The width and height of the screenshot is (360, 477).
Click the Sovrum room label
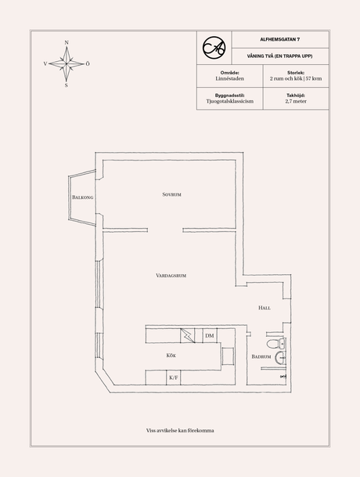(x=172, y=194)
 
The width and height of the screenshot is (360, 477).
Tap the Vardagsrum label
(x=171, y=276)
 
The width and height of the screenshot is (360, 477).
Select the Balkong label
(x=83, y=197)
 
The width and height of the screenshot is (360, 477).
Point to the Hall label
(x=265, y=308)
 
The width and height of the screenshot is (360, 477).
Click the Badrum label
(x=261, y=356)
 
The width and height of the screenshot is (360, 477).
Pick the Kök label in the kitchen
(x=171, y=356)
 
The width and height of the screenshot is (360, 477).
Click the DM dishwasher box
(x=210, y=336)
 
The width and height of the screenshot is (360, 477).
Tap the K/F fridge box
(x=174, y=378)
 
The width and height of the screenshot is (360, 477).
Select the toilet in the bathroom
(x=276, y=343)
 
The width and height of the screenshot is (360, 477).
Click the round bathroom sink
(x=280, y=357)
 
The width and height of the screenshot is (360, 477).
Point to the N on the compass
(x=67, y=42)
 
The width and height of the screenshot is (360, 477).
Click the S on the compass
(x=67, y=85)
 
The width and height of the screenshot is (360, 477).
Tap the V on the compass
(x=45, y=64)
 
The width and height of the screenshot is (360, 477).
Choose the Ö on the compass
(x=88, y=63)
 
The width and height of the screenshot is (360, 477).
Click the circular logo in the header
(x=214, y=48)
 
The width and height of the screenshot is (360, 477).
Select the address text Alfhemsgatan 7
(x=280, y=39)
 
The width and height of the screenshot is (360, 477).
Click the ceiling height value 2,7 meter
(x=296, y=101)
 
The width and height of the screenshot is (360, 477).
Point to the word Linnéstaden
(x=230, y=78)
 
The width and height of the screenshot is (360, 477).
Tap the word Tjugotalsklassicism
(x=230, y=101)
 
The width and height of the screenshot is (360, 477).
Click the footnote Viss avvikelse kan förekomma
(x=180, y=431)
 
